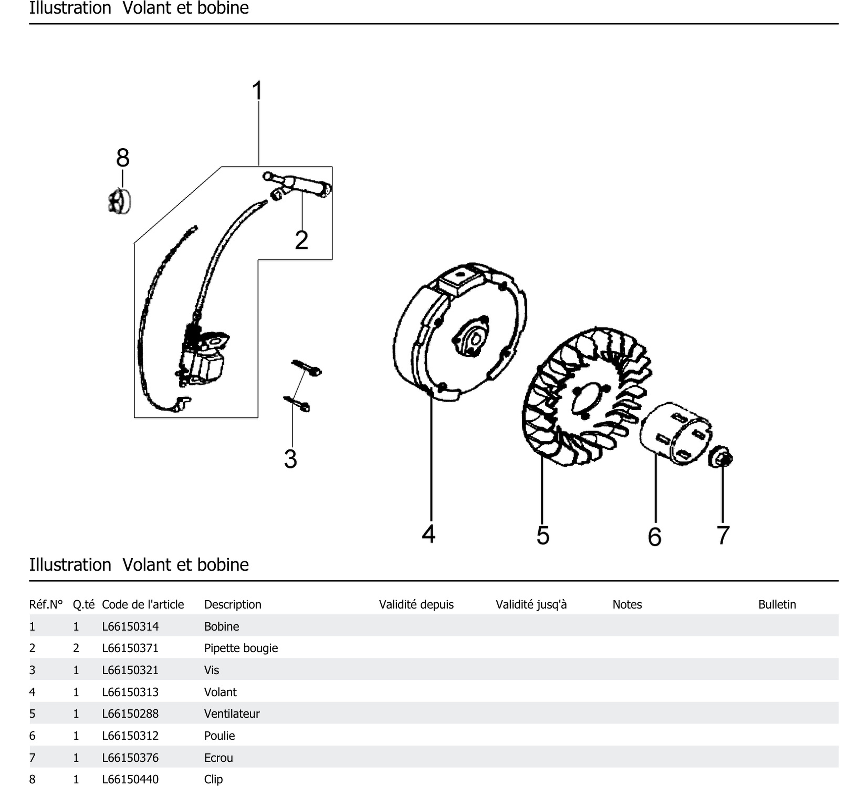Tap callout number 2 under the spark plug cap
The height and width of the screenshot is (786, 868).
tap(301, 240)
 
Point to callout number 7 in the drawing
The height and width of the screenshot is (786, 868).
tap(723, 535)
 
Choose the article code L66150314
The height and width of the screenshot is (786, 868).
tap(130, 626)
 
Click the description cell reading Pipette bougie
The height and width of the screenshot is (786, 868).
tap(241, 648)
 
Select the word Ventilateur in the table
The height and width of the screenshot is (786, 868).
tap(232, 714)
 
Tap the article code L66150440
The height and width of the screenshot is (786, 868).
tap(130, 779)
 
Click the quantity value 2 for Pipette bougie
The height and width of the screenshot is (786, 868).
tap(76, 648)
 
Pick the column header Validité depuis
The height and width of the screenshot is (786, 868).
tap(416, 604)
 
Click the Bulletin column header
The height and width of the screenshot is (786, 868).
tap(777, 604)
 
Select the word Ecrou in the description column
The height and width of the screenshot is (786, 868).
tap(218, 758)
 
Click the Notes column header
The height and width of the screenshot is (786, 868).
tap(627, 604)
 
